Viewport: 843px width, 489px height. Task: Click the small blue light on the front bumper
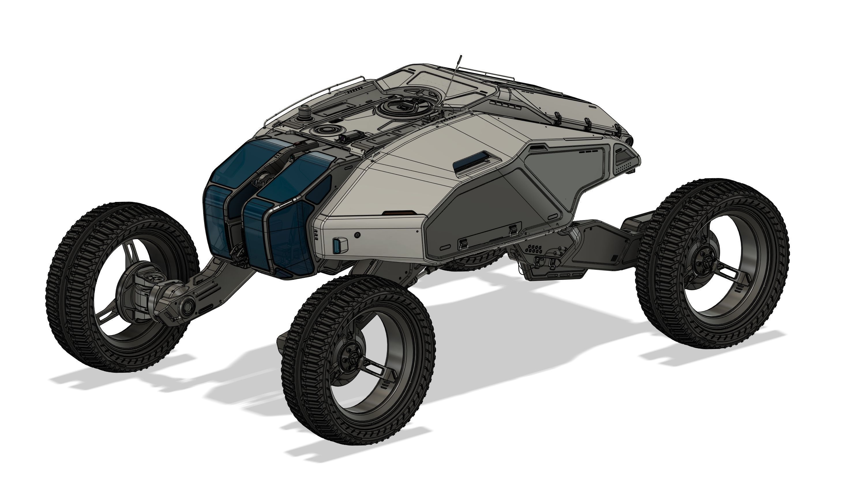(337, 245)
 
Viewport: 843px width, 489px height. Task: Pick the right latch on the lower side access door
(512, 230)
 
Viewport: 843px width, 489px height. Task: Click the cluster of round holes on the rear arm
(534, 249)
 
